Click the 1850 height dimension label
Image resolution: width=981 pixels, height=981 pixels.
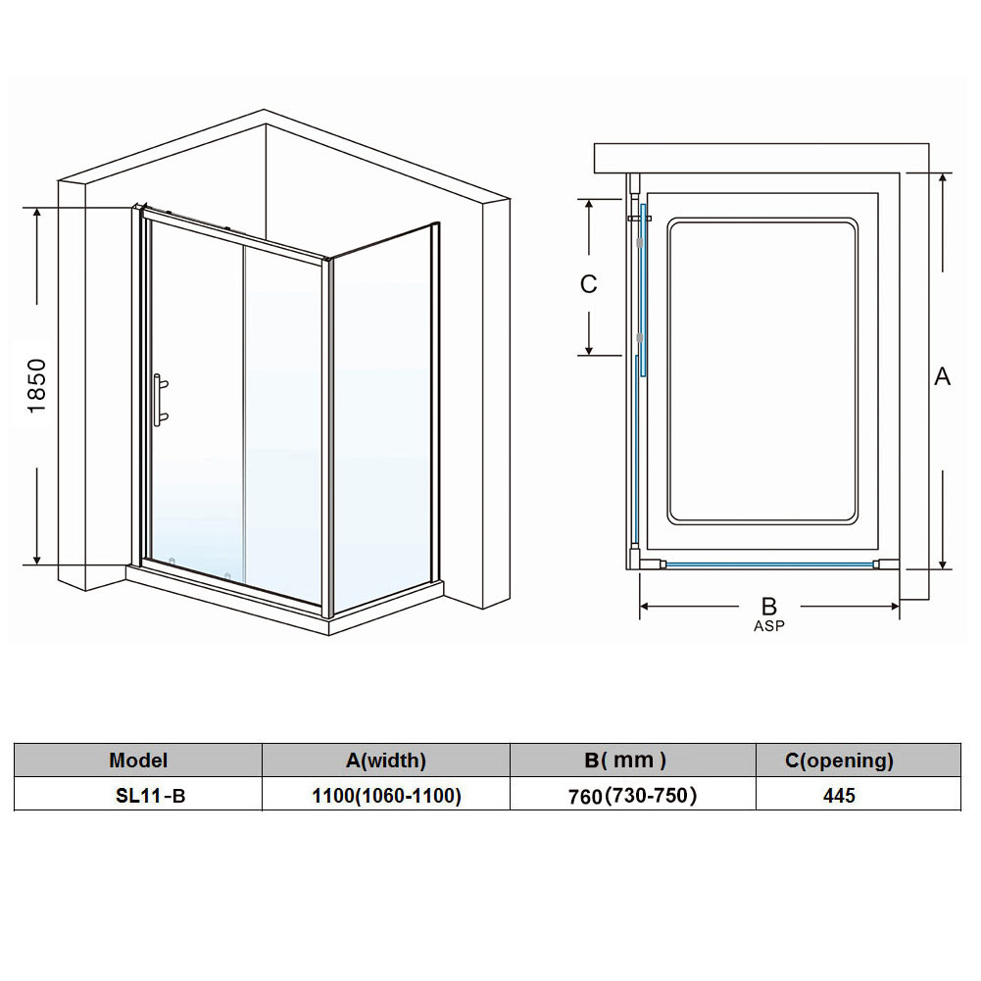click(37, 385)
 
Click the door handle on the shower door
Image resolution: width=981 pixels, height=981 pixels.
click(160, 400)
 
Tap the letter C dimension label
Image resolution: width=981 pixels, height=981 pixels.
click(589, 284)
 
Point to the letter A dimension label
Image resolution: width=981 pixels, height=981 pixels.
click(942, 376)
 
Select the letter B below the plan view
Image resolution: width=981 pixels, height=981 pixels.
click(769, 607)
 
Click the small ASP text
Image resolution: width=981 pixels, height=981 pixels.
click(769, 625)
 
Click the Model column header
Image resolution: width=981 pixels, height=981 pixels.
click(138, 760)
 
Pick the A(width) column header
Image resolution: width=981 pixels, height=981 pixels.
click(386, 760)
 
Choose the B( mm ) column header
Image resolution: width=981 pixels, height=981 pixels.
click(625, 760)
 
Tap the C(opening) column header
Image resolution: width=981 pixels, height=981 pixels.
click(839, 760)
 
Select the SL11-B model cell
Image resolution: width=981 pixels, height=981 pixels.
click(151, 796)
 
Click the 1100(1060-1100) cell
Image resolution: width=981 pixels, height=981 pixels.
click(387, 796)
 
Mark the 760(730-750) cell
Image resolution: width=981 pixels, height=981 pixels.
click(632, 796)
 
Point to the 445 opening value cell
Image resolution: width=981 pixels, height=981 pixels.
click(839, 796)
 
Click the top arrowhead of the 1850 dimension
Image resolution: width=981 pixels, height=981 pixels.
click(37, 213)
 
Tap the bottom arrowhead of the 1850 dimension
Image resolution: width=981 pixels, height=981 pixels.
click(37, 559)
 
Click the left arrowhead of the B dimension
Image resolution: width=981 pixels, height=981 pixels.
click(645, 607)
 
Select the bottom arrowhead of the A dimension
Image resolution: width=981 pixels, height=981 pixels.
click(943, 564)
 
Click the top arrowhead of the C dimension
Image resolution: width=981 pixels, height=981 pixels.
click(589, 205)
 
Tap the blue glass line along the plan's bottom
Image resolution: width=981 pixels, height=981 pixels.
click(769, 564)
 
